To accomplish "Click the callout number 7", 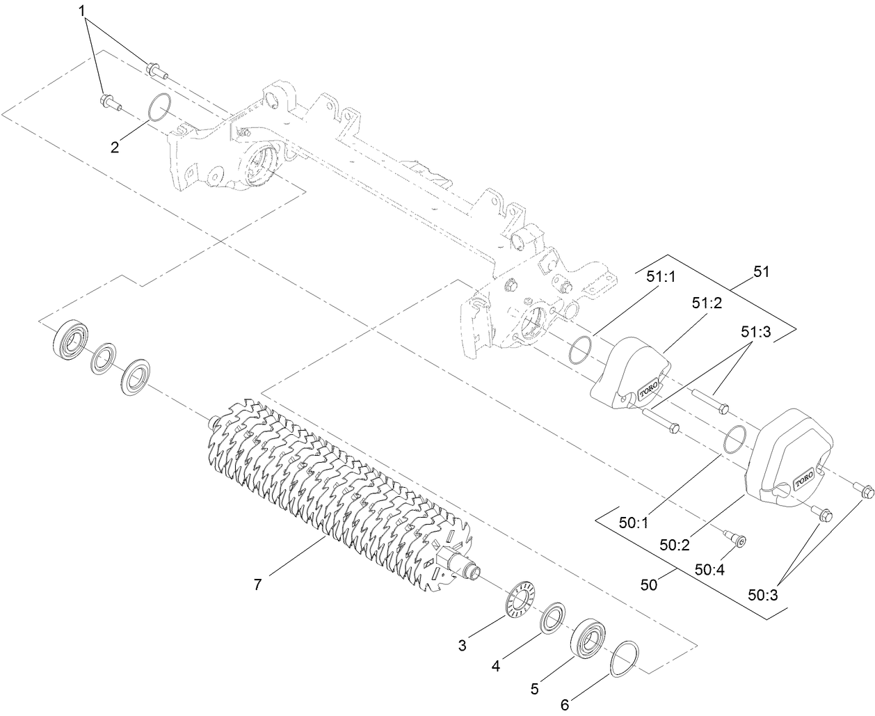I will click(x=257, y=585).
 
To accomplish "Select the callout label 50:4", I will click(x=710, y=570).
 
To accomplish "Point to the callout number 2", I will click(x=115, y=146).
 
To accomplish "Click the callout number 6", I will click(x=565, y=705).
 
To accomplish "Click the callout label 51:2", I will click(x=706, y=303).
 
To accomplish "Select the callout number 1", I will click(x=82, y=11).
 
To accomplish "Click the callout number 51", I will click(x=762, y=272).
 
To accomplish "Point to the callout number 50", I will click(x=649, y=585).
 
